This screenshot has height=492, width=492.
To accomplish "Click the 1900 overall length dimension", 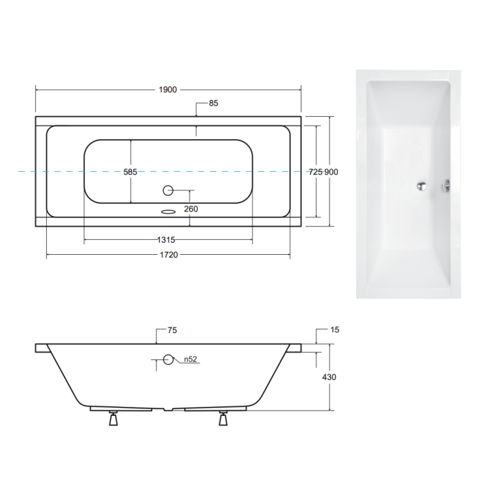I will [x=168, y=90].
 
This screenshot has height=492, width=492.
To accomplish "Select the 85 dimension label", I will [x=213, y=103].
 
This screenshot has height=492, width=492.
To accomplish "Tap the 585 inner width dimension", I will [x=130, y=172].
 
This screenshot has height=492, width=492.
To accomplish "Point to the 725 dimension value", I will [x=315, y=172].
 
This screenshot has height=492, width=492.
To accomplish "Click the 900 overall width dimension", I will [x=331, y=172].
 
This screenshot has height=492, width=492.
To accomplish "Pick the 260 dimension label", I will [x=191, y=209].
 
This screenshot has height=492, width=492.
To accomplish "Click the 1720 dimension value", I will [x=169, y=255].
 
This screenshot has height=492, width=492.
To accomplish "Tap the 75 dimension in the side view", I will [x=172, y=330].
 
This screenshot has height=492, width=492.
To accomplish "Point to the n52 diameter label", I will [x=192, y=361].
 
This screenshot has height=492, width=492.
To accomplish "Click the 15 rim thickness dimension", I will [x=334, y=330].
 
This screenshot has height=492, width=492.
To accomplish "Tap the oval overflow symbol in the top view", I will [x=167, y=211].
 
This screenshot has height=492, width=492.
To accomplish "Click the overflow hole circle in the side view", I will [x=168, y=361].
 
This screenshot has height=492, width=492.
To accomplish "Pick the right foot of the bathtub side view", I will [x=222, y=419].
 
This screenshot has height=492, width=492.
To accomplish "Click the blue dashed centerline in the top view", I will [x=54, y=172].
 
